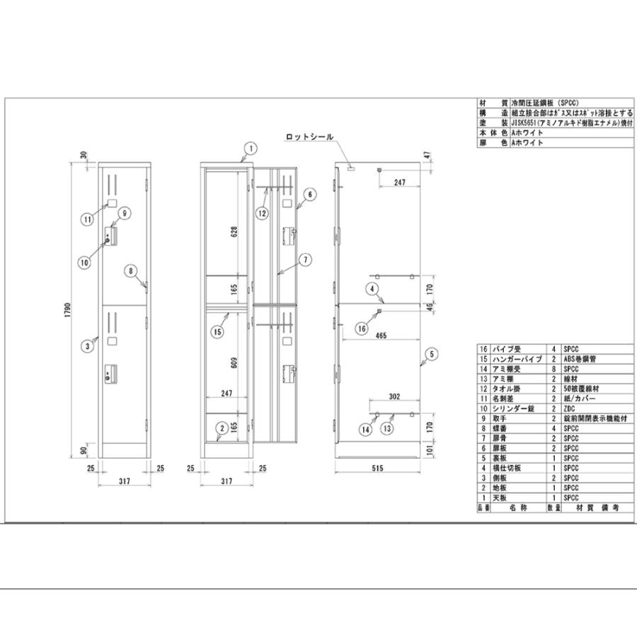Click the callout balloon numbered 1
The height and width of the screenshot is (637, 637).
(249, 148)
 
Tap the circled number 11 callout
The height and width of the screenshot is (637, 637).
(86, 219)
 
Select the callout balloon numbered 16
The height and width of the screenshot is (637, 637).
(361, 328)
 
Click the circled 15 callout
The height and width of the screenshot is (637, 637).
(217, 331)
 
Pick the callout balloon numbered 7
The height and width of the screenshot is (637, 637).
(305, 259)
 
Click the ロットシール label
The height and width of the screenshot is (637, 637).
(309, 137)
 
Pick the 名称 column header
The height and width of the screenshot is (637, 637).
(513, 507)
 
